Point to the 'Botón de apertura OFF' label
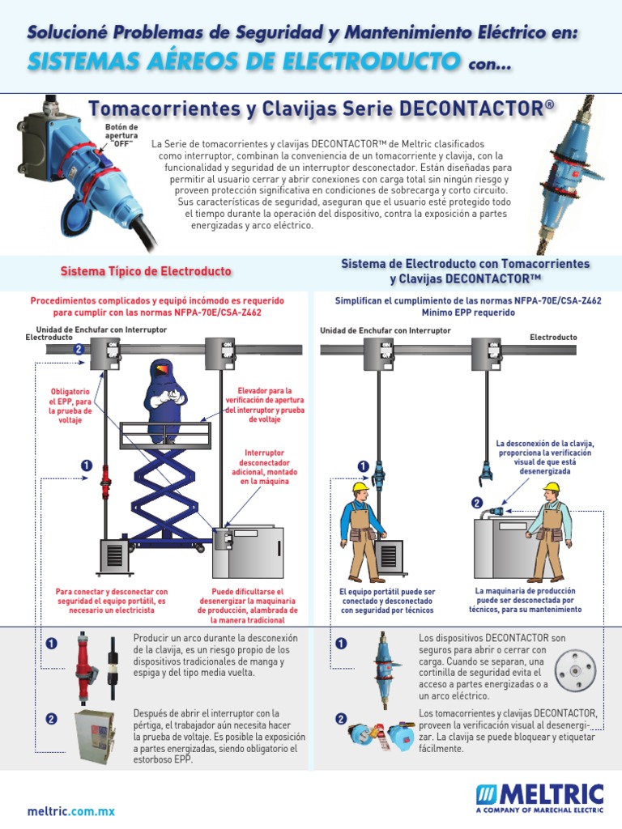(121, 135)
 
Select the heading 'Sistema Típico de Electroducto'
(146, 270)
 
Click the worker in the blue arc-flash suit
(167, 389)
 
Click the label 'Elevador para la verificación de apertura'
(265, 404)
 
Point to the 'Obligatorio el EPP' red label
(70, 406)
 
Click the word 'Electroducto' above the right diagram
(553, 337)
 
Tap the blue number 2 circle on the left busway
(78, 350)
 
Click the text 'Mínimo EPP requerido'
(467, 311)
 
